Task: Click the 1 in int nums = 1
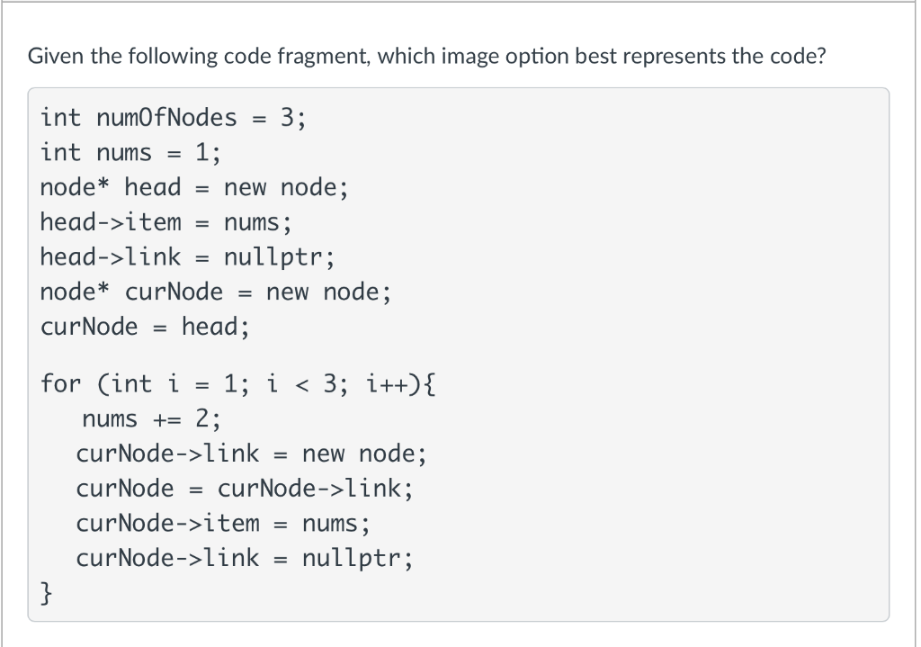[201, 152]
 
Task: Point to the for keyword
[60, 384]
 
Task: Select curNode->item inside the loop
[168, 523]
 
